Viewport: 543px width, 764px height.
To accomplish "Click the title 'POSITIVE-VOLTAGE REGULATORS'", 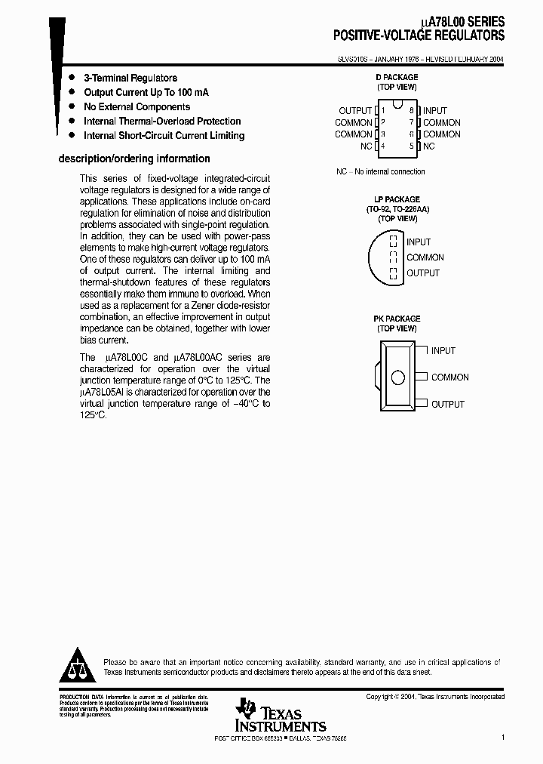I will (419, 35).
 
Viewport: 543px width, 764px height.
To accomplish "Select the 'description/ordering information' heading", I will (134, 159).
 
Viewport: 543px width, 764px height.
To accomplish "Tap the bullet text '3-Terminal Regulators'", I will (130, 78).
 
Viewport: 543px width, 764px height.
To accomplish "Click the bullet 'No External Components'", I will (137, 107).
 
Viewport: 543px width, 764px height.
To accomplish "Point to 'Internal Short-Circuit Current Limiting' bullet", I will (164, 136).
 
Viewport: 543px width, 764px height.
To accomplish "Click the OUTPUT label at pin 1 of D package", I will (355, 111).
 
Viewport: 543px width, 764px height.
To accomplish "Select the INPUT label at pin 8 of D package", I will (435, 111).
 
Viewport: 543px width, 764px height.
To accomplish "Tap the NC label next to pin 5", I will (429, 146).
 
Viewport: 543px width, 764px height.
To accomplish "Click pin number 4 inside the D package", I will (384, 146).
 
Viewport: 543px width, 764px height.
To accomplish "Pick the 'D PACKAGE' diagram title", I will (397, 78).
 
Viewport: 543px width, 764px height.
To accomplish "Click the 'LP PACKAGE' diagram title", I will (397, 200).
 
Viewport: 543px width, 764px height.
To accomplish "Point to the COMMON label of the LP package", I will (425, 257).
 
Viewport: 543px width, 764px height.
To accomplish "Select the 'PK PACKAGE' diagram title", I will (397, 319).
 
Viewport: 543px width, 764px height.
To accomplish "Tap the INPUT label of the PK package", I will (443, 351).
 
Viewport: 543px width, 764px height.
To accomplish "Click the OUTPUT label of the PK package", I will (448, 405).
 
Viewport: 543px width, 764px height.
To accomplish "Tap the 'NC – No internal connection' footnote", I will (381, 171).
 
